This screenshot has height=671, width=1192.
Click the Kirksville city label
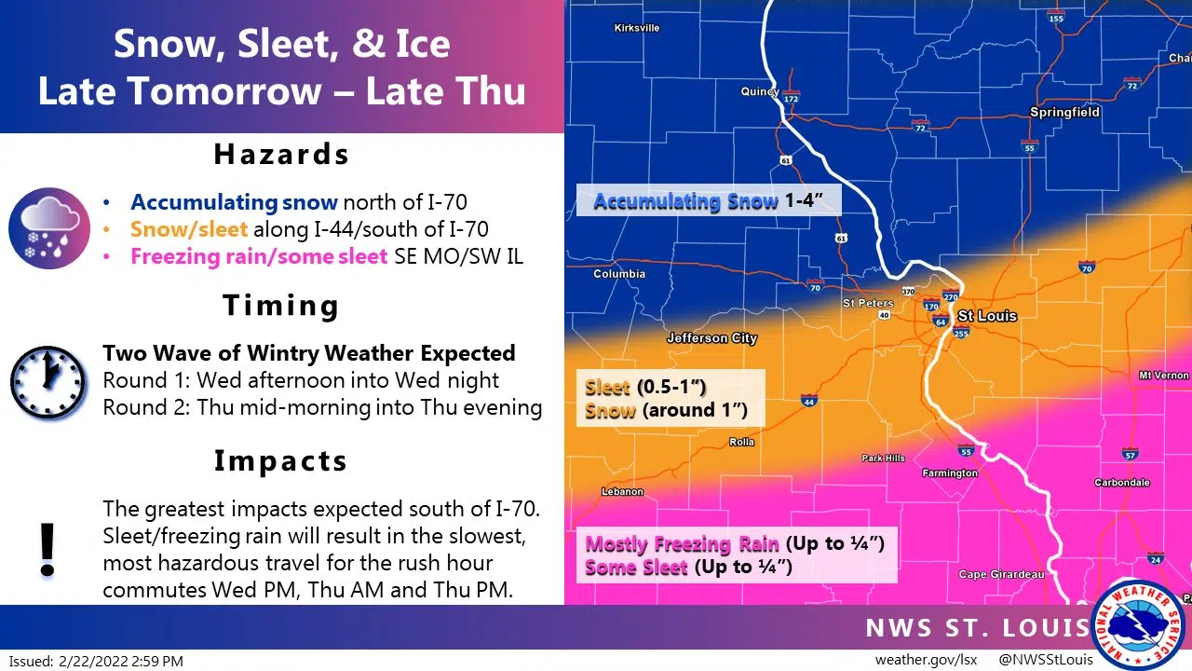tap(637, 28)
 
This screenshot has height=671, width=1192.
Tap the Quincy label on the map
tap(759, 91)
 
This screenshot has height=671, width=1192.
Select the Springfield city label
tap(1064, 112)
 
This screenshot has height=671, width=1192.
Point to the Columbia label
tap(619, 274)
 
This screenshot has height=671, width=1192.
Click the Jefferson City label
tap(711, 338)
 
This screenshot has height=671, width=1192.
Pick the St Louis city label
tap(987, 316)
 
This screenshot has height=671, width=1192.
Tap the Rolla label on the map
tap(741, 442)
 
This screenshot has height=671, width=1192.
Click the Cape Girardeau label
tap(1001, 575)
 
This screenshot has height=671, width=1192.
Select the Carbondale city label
tap(1121, 483)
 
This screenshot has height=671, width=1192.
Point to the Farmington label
tap(950, 473)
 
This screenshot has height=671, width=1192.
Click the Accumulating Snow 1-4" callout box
tap(708, 200)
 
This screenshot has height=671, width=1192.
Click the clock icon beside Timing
tap(47, 383)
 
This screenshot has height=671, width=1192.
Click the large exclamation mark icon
tap(47, 550)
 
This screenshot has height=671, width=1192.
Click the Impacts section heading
tap(280, 460)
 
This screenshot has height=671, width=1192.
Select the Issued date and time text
tap(98, 661)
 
